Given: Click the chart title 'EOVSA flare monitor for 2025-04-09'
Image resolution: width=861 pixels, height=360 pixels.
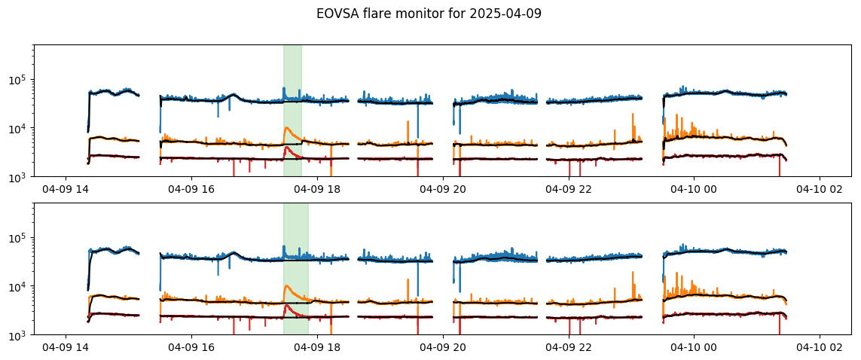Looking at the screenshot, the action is [429, 14].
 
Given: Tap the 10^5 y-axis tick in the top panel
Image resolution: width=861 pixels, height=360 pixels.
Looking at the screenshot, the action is [20, 80].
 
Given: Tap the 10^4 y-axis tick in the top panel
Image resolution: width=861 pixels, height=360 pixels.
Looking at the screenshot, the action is [20, 129].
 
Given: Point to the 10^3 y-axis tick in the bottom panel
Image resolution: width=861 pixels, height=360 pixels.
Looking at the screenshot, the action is [20, 334].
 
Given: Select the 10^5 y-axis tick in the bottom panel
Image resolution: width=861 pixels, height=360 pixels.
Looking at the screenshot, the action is [20, 238].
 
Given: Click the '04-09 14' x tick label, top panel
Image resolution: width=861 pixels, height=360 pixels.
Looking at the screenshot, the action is [66, 189].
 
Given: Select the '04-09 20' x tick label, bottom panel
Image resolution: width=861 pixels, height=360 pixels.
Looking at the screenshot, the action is [443, 347].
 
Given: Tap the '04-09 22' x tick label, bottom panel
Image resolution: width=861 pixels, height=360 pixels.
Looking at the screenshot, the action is [569, 347].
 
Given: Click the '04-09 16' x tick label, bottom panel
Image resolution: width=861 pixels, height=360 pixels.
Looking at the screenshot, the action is [191, 347].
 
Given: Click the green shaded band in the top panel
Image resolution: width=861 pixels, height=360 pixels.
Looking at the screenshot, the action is [293, 111].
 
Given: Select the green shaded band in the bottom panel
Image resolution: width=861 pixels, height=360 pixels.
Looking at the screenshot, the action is [296, 269].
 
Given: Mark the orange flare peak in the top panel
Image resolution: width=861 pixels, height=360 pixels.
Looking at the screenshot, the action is [287, 128].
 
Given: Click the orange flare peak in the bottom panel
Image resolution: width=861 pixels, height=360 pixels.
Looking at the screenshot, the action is [287, 286].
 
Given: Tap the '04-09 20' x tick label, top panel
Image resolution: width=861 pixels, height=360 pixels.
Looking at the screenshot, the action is [443, 189].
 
